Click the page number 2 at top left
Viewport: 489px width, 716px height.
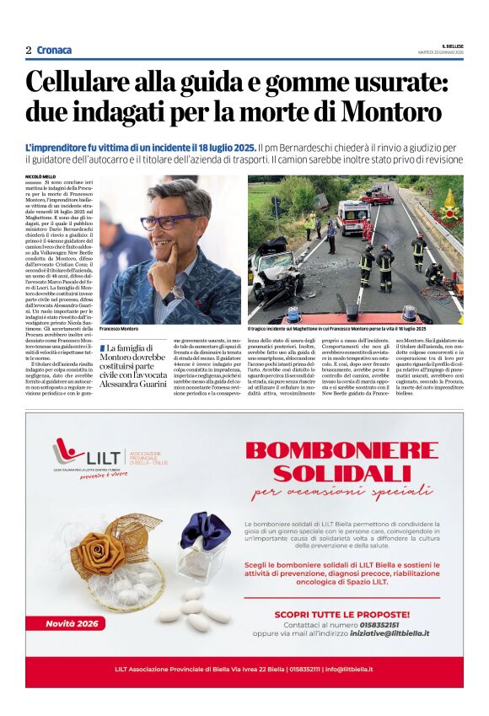(x=28, y=50)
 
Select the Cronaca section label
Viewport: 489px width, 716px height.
(x=55, y=50)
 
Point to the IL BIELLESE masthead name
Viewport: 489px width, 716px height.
(x=452, y=46)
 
